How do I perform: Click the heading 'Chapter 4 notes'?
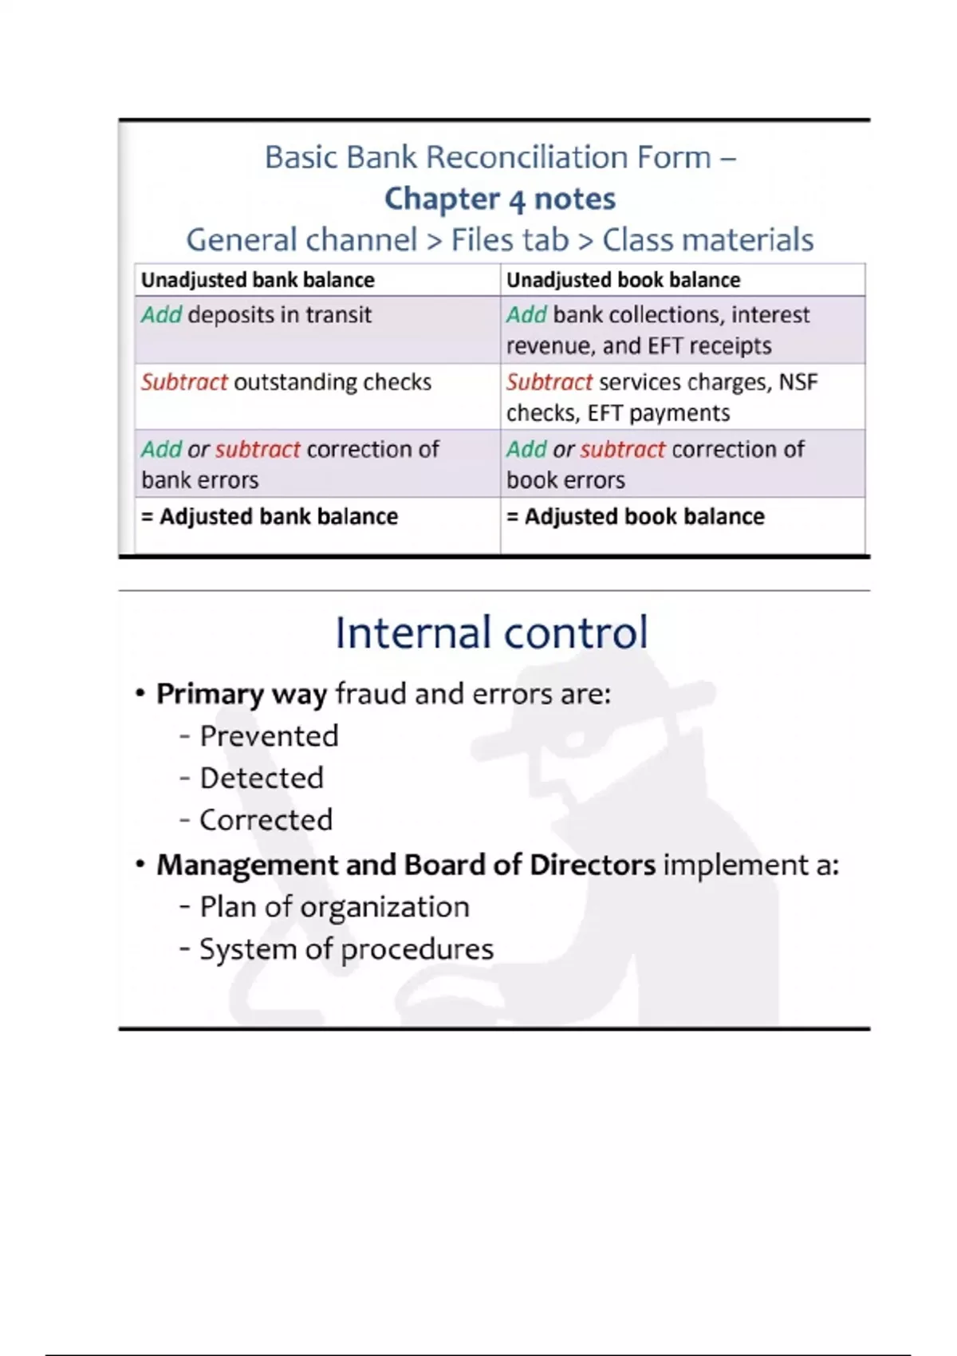click(500, 199)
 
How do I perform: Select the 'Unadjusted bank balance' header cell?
click(258, 280)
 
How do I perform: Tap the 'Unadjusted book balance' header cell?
click(623, 280)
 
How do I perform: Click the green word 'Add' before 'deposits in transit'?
click(161, 315)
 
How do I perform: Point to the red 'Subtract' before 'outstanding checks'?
click(184, 382)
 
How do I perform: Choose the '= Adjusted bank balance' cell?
click(270, 517)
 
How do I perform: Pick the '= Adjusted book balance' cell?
click(636, 517)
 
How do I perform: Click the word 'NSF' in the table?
click(798, 382)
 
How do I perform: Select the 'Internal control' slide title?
click(491, 633)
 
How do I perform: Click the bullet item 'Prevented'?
click(269, 735)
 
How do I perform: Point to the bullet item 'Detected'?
click(262, 778)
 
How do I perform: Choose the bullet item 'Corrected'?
click(266, 820)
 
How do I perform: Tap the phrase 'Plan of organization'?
click(334, 907)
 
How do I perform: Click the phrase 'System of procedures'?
click(346, 949)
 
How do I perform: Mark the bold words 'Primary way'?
click(242, 694)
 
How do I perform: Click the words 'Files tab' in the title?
click(510, 239)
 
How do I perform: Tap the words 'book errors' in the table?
click(565, 480)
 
